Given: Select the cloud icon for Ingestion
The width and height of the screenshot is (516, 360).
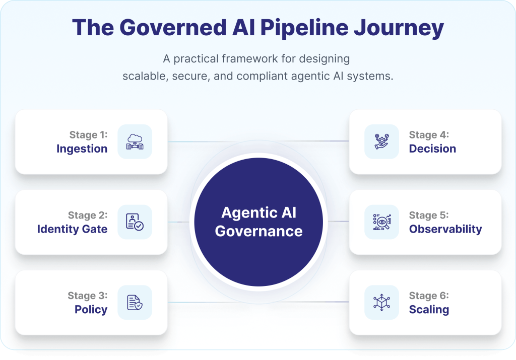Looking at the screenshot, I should (135, 141).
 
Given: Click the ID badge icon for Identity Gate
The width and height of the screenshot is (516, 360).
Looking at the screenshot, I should (135, 222).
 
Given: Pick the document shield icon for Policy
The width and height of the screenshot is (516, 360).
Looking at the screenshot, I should (135, 303).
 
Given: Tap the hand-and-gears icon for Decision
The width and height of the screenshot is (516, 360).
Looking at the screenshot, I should (381, 141).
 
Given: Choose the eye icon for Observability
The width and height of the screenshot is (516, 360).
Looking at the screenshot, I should (381, 222).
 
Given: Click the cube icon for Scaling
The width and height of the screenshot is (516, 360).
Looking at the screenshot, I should (381, 303).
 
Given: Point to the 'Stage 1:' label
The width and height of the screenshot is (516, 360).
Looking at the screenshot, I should (88, 135).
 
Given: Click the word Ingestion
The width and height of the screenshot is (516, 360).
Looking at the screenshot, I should (82, 149).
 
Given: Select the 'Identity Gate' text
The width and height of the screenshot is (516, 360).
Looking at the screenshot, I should (72, 229).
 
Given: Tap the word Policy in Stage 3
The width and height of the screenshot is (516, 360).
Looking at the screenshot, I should (91, 310).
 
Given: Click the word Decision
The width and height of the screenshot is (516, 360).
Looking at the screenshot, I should (432, 149).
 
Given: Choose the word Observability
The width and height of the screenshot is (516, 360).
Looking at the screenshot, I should (445, 229).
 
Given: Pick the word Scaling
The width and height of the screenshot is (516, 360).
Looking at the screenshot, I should (429, 310).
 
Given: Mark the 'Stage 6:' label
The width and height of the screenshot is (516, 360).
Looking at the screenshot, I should (429, 296).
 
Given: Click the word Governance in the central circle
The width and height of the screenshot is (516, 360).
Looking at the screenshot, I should (259, 231).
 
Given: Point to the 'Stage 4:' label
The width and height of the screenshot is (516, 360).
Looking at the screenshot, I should (429, 135).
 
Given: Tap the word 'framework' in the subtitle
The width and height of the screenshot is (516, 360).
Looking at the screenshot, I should (252, 58).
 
